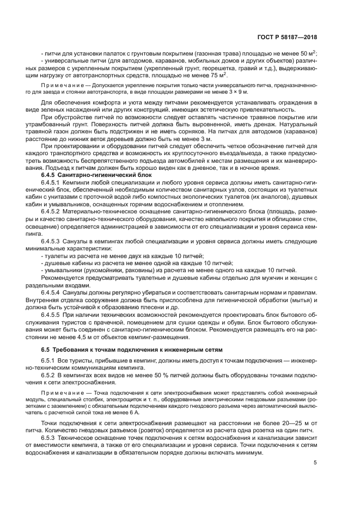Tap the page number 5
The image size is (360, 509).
coord(315,463)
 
